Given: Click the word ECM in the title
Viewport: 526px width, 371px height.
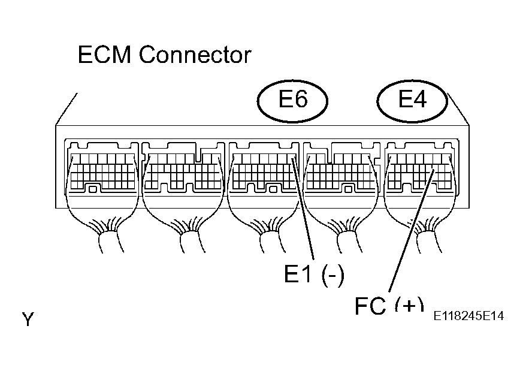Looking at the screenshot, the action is [x=104, y=55].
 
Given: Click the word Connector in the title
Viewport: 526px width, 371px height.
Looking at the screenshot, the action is [x=195, y=55].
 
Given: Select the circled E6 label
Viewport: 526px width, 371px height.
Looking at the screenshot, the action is [x=292, y=100].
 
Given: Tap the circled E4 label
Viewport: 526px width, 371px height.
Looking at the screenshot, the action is [x=412, y=100].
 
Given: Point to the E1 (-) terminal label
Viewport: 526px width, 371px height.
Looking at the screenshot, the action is [x=314, y=274].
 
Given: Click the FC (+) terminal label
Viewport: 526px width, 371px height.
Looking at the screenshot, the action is [x=389, y=305].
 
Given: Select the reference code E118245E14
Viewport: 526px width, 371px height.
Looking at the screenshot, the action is [x=468, y=316].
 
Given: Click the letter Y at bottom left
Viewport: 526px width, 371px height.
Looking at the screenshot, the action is [x=28, y=319].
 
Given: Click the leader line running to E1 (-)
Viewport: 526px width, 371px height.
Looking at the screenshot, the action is [x=303, y=208].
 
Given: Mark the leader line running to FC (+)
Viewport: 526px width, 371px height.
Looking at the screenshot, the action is [x=412, y=231].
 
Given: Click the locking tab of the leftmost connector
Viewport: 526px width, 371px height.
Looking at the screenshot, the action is [x=93, y=189].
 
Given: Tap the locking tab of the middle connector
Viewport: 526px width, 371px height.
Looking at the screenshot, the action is [x=273, y=189].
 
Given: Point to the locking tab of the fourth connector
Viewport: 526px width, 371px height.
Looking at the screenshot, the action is [x=349, y=189].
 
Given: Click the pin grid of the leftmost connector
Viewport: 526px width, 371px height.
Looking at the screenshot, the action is [x=103, y=171].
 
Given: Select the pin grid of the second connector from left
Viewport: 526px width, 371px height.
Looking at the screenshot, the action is [x=183, y=171].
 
